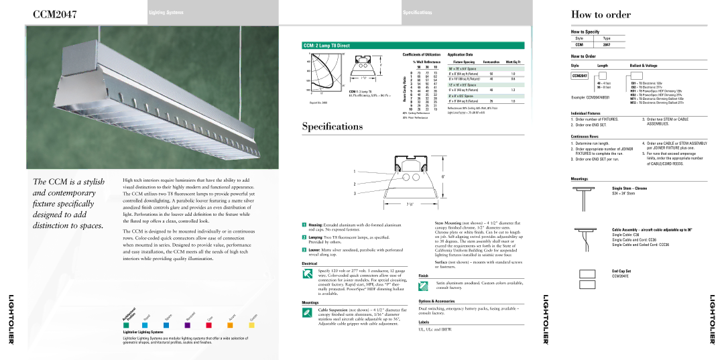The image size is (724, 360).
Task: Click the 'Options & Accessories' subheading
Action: coord(441,302)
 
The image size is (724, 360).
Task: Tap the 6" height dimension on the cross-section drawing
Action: coord(444,176)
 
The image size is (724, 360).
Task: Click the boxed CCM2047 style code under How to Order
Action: coord(579,76)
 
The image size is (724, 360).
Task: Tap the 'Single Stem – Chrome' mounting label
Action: coord(629,188)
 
